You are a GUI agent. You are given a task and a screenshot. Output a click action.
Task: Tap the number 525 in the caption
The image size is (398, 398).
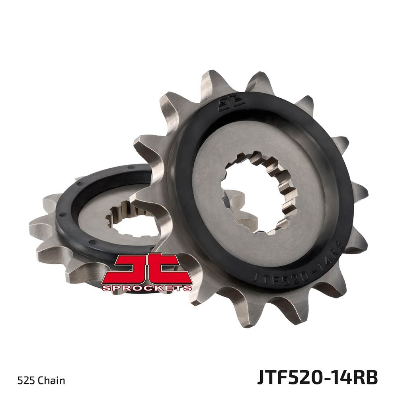[26, 381]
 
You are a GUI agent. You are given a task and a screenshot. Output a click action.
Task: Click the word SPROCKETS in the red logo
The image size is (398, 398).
[146, 288]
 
